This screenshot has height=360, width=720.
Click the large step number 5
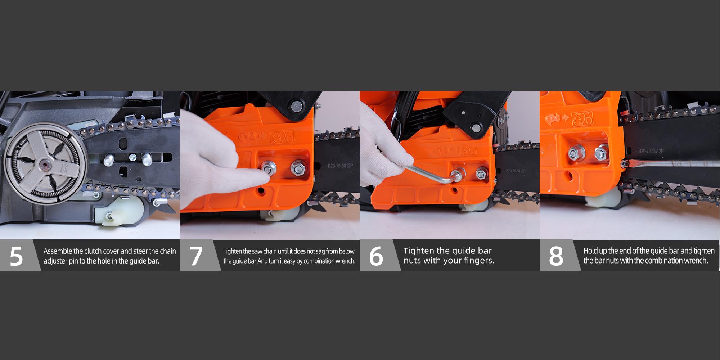pyautogui.click(x=16, y=256)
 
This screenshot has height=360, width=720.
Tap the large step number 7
pyautogui.click(x=196, y=256)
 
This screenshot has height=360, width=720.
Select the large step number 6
pyautogui.click(x=376, y=256)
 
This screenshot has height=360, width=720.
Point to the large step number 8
pyautogui.click(x=555, y=256)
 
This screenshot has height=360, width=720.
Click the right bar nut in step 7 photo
pyautogui.click(x=298, y=167)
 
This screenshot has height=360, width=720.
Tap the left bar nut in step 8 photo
pyautogui.click(x=573, y=154)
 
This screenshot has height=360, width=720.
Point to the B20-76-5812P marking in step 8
pyautogui.click(x=651, y=151)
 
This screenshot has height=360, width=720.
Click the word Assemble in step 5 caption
pyautogui.click(x=58, y=251)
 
